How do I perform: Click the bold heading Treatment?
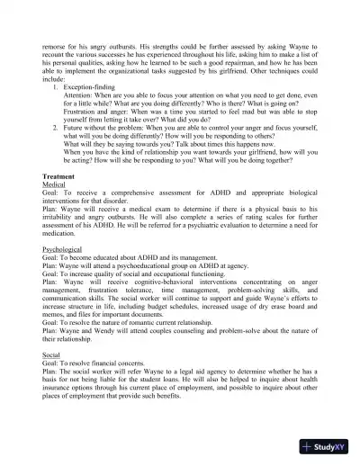point(62,177)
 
